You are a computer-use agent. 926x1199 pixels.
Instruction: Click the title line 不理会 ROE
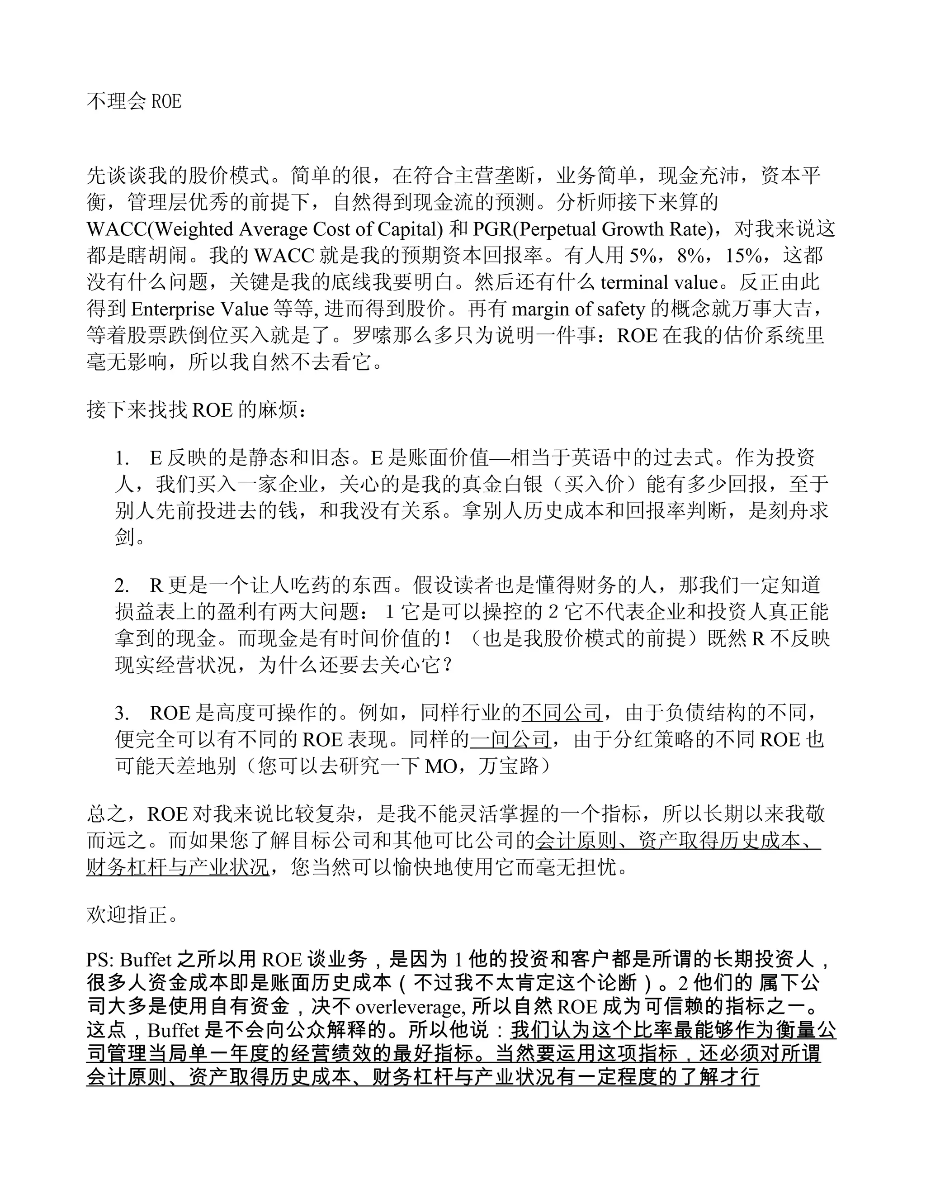click(134, 101)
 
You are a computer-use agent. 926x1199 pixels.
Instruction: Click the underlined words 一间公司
click(510, 740)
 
